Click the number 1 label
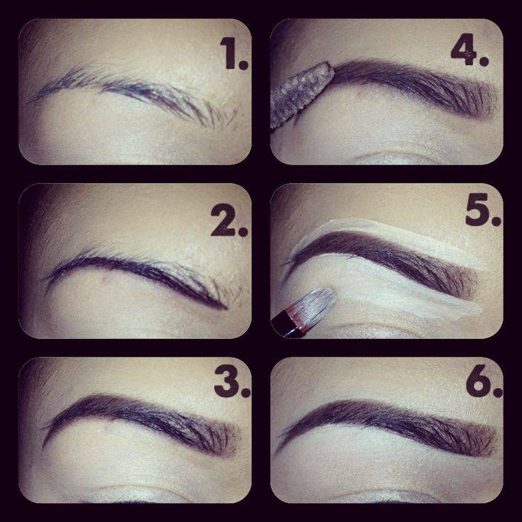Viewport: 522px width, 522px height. coord(234,53)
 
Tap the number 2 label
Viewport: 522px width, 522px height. coord(229,220)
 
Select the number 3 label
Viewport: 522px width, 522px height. coord(232,381)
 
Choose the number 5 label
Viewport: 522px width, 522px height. coord(483,210)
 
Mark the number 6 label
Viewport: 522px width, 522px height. coord(484,381)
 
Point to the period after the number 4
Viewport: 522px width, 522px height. coord(484,61)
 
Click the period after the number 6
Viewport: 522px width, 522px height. coord(497,393)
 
